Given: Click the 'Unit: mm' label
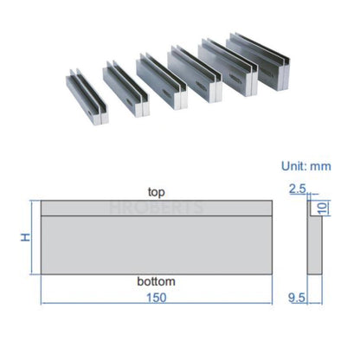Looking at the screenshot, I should pyautogui.click(x=307, y=165).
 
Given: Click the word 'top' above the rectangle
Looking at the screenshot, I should pyautogui.click(x=157, y=191).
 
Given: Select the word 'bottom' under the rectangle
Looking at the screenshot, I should pyautogui.click(x=157, y=282).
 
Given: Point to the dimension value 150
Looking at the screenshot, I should pyautogui.click(x=157, y=297).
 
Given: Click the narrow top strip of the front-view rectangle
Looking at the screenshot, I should pyautogui.click(x=157, y=208).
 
